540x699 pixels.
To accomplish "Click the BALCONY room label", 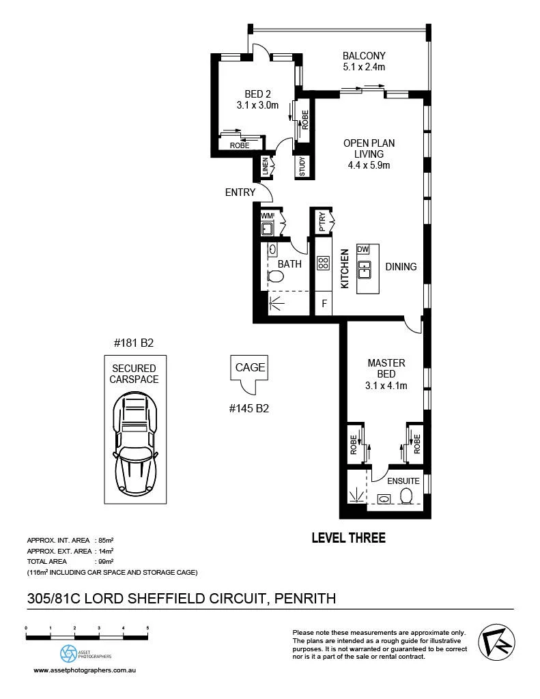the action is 364,56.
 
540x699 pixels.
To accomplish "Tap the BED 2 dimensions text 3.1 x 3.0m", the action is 257,105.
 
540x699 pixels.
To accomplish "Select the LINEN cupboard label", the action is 266,167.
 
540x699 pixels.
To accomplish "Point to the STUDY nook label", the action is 302,167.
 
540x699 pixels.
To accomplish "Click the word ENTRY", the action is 240,192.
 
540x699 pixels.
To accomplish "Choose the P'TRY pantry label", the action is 322,222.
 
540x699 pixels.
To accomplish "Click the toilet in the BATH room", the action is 276,277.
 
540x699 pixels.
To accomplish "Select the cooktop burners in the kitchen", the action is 324,263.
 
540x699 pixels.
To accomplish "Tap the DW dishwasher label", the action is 363,249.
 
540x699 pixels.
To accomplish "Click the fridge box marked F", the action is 324,304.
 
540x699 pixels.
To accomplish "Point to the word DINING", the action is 401,267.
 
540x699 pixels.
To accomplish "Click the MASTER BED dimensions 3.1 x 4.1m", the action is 386,386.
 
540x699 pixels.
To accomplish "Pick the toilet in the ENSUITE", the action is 406,496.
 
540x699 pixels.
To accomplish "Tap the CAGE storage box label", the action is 250,367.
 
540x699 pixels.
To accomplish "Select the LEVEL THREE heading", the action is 349,538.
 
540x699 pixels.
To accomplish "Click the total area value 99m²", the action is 106,561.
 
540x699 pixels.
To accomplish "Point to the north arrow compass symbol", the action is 497,642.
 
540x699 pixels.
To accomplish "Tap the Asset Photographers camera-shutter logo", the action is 69,653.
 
